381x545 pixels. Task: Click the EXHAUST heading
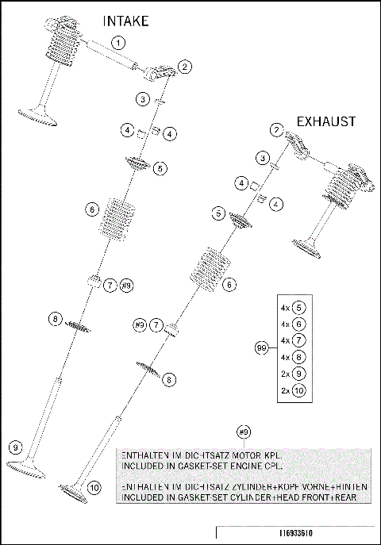(x=325, y=121)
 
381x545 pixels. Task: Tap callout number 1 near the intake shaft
(x=118, y=42)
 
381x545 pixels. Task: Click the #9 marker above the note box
(x=244, y=432)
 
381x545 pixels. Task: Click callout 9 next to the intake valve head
(x=16, y=447)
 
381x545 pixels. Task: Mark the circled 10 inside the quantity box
(x=298, y=390)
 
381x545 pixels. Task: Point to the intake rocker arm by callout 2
(x=159, y=74)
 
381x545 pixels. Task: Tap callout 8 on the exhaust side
(x=168, y=380)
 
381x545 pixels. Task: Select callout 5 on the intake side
(x=160, y=168)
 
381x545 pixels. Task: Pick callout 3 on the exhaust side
(x=261, y=159)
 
